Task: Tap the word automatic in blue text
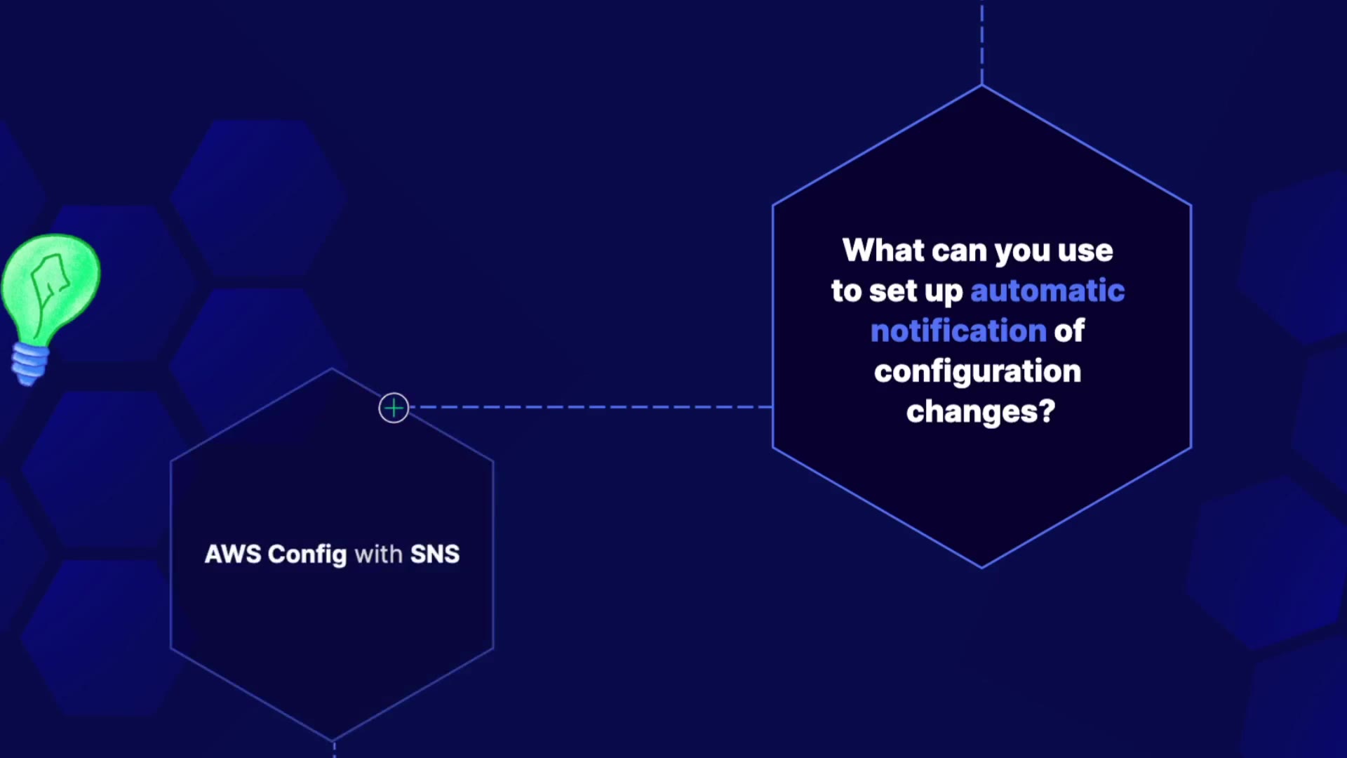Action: pos(1047,291)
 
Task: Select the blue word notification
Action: pos(958,331)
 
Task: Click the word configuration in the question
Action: pos(978,372)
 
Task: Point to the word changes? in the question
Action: pos(981,412)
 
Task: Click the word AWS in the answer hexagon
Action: pos(233,554)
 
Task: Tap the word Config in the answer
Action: pos(307,555)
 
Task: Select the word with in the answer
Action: pos(379,554)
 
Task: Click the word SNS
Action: pos(435,554)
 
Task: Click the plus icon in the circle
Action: pos(394,408)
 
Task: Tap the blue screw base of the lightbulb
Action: pos(29,363)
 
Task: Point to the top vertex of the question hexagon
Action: pos(982,86)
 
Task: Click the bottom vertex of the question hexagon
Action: pos(982,567)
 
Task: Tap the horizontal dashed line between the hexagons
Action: pos(591,407)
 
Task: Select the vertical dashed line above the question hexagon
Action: pos(982,42)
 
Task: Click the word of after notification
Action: pos(1070,331)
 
